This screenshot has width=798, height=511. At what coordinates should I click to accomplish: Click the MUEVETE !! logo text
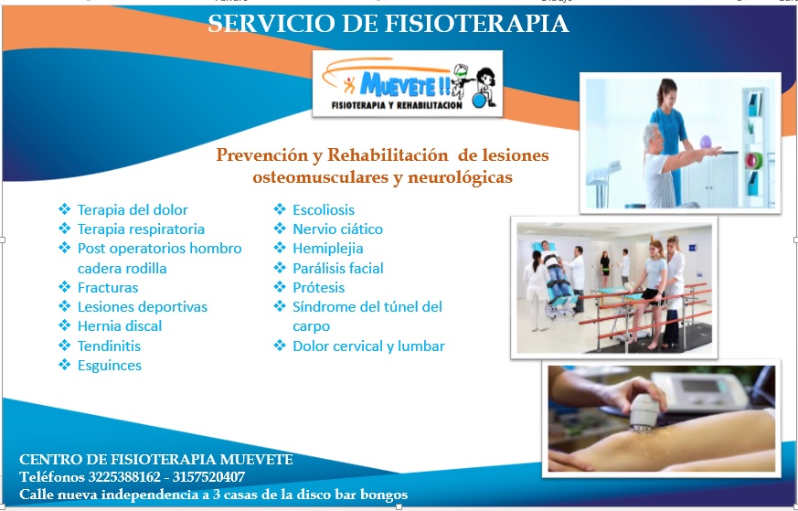pyautogui.click(x=405, y=85)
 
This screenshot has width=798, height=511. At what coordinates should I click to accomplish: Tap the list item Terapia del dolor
pyautogui.click(x=133, y=209)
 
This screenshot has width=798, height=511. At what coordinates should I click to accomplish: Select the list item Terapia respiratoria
pyautogui.click(x=141, y=229)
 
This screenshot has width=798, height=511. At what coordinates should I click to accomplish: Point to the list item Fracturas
pyautogui.click(x=107, y=288)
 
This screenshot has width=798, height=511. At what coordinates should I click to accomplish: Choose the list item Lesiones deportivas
pyautogui.click(x=143, y=307)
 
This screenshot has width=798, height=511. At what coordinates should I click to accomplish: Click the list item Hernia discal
pyautogui.click(x=120, y=326)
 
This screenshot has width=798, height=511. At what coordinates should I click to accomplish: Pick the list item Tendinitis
pyautogui.click(x=109, y=346)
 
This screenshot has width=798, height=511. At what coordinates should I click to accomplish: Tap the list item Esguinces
pyautogui.click(x=110, y=366)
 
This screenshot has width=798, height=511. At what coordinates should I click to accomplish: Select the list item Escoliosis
pyautogui.click(x=324, y=209)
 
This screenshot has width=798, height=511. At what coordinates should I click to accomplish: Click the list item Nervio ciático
pyautogui.click(x=337, y=229)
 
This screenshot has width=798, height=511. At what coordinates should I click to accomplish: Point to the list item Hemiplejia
pyautogui.click(x=328, y=249)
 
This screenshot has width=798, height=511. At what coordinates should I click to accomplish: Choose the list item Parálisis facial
pyautogui.click(x=338, y=268)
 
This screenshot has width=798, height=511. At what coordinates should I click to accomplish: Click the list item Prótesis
pyautogui.click(x=319, y=288)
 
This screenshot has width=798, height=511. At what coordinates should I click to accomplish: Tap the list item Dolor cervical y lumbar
pyautogui.click(x=368, y=346)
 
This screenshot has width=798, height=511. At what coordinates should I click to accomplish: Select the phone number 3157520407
pyautogui.click(x=208, y=477)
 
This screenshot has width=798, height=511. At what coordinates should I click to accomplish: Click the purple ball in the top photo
pyautogui.click(x=706, y=141)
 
